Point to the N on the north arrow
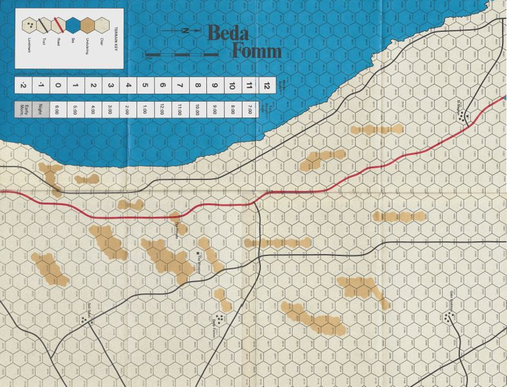(x=183, y=31)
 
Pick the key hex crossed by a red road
(x=57, y=26)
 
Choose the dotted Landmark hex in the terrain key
(x=29, y=26)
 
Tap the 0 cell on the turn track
(x=58, y=85)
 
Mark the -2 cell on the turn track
(x=23, y=85)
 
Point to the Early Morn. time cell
(x=23, y=110)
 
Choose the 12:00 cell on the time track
(x=163, y=110)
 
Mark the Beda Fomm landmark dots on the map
(x=221, y=317)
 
